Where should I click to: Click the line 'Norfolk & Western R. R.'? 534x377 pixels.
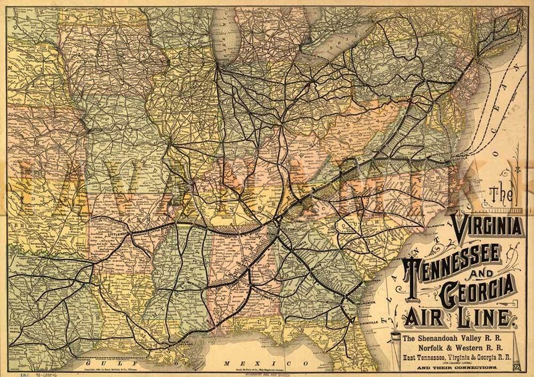point(457,348)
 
